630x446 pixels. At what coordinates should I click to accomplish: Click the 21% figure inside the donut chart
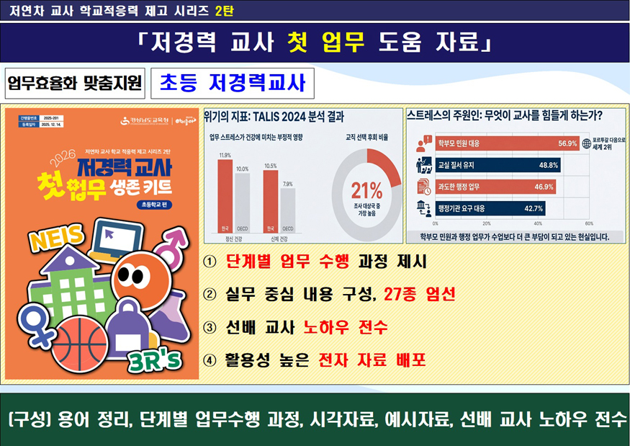click(x=366, y=191)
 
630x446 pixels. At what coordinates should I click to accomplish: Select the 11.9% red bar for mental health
click(x=225, y=195)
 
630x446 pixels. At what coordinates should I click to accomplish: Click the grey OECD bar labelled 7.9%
click(x=287, y=210)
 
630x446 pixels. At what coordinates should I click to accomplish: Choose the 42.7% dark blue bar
click(x=490, y=209)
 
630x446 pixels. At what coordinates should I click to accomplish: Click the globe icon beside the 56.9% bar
click(x=587, y=143)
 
